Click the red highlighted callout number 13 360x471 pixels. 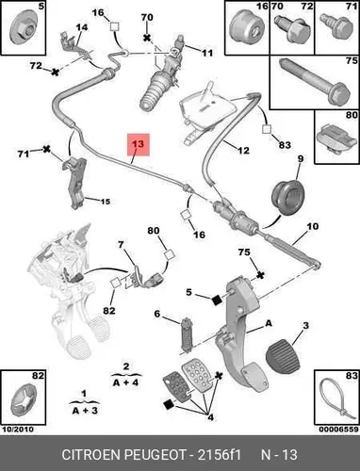coord(139,144)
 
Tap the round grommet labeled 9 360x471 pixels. coord(287,197)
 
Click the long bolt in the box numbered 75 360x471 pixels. coord(314,81)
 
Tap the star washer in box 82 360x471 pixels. coord(24,400)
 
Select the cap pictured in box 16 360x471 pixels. coord(246,28)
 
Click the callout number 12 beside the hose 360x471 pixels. coord(243,151)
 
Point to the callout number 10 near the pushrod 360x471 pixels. coord(312,226)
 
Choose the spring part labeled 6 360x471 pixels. coord(188,333)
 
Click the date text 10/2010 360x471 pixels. coord(18,430)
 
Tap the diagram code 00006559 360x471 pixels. coord(338,430)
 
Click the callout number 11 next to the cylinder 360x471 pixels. coord(206,53)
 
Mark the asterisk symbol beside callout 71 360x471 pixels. coord(47,149)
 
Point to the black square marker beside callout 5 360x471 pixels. coord(217,300)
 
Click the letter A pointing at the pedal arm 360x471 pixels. coord(269,323)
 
